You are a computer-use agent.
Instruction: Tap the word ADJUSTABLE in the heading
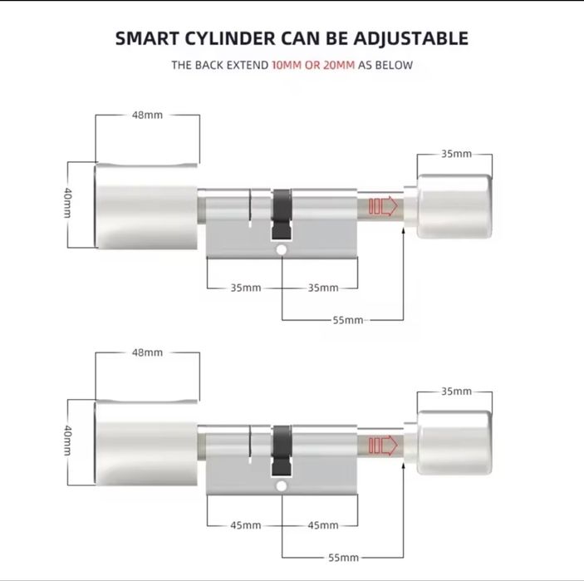[410, 38]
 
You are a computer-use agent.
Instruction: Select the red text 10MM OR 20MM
[313, 65]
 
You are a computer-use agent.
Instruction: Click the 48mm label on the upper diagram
[148, 115]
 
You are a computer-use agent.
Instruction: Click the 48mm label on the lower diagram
[148, 352]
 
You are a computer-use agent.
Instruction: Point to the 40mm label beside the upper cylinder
[67, 202]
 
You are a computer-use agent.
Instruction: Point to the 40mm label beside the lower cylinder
[67, 441]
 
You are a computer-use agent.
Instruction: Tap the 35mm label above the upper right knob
[457, 154]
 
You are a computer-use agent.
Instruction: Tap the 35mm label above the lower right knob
[457, 391]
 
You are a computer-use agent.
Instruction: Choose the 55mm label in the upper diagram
[348, 320]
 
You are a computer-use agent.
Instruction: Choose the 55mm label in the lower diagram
[343, 558]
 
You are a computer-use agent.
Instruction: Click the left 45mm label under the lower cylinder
[245, 525]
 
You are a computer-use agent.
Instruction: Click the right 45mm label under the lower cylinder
[323, 525]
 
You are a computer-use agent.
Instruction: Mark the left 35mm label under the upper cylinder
[245, 288]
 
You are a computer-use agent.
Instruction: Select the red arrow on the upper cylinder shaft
[383, 206]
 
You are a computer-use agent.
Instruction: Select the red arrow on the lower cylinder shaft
[383, 446]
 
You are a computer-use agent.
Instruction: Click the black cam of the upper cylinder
[282, 214]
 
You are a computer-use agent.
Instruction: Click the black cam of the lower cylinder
[282, 451]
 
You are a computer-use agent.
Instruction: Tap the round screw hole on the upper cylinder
[282, 249]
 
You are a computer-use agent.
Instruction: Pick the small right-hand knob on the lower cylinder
[454, 442]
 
